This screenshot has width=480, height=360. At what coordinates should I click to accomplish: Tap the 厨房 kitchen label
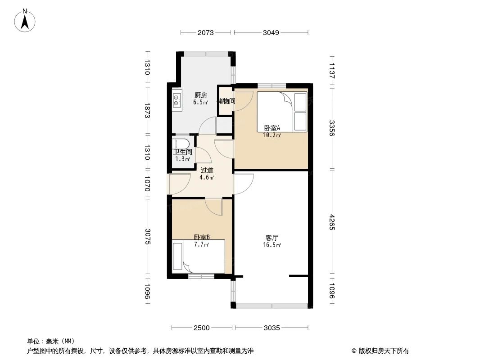(x=200, y=99)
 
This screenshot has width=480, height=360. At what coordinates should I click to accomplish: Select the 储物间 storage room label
(x=226, y=101)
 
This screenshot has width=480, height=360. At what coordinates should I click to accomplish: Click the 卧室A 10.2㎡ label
(x=272, y=131)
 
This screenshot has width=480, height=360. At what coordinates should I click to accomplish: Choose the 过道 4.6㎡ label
(x=207, y=173)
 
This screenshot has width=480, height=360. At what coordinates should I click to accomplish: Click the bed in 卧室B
(x=199, y=257)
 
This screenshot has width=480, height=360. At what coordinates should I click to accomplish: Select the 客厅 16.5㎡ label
(x=272, y=241)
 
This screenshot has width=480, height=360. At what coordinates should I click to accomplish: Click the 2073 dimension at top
(x=205, y=32)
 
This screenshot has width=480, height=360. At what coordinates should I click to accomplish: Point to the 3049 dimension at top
(x=271, y=32)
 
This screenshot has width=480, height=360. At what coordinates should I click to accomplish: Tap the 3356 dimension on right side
(x=332, y=128)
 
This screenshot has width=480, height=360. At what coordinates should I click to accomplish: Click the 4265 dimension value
(x=332, y=222)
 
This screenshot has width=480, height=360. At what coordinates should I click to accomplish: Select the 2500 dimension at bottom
(x=202, y=328)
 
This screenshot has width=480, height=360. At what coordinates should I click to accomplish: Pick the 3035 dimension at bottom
(x=272, y=328)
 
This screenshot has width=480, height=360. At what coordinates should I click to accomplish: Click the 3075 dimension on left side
(x=147, y=237)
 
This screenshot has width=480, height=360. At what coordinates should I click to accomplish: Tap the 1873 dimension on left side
(x=147, y=109)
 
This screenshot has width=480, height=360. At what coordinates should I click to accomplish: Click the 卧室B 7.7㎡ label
(x=201, y=241)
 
